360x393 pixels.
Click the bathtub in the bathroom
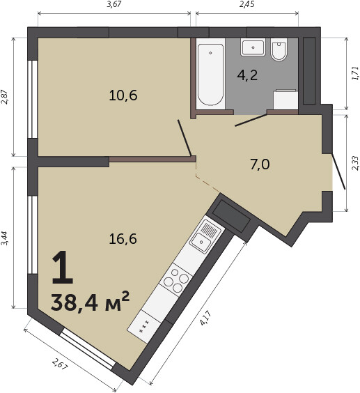click(x=210, y=75)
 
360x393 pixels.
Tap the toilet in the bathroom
click(x=279, y=49)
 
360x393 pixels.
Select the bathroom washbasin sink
click(x=253, y=47)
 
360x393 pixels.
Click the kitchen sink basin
click(x=201, y=242)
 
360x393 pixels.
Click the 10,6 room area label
click(x=123, y=95)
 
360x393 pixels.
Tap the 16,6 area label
click(x=123, y=238)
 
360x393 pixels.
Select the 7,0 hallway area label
click(x=260, y=164)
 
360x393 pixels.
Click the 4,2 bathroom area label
click(x=247, y=75)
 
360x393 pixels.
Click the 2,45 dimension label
click(x=246, y=4)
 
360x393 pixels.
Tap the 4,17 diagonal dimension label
click(x=205, y=318)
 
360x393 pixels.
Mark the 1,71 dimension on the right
click(x=355, y=73)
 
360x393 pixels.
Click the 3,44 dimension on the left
click(x=5, y=238)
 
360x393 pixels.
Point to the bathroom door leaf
click(x=251, y=120)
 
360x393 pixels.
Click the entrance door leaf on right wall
click(x=338, y=171)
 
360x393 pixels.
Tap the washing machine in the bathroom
click(x=285, y=100)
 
